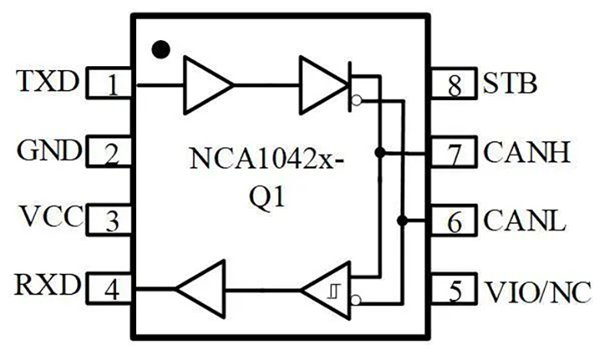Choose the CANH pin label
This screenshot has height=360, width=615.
click(x=527, y=152)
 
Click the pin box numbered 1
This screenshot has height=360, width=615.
click(x=112, y=82)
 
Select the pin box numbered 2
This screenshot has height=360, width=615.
click(x=112, y=152)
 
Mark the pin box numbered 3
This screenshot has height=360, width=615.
click(x=112, y=222)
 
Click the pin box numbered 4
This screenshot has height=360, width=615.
click(x=112, y=290)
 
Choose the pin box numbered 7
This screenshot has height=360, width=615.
click(x=455, y=152)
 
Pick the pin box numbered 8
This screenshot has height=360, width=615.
click(x=455, y=82)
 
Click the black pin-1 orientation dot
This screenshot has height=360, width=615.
click(x=161, y=50)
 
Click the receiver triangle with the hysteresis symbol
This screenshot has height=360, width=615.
click(x=328, y=290)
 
